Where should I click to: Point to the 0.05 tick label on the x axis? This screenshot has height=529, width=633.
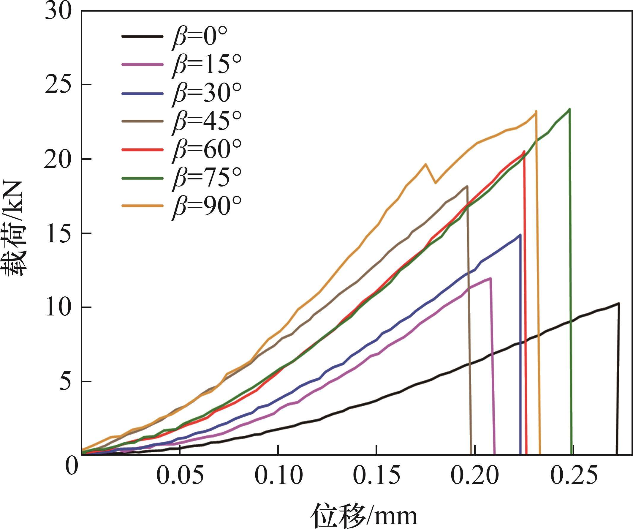pos(180,476)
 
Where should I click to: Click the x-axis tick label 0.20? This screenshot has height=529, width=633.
pos(474,476)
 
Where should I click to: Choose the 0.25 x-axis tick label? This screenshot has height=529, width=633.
pos(573,476)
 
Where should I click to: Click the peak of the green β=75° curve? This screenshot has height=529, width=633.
pos(569,109)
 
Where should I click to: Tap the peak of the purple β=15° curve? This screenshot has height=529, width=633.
pos(490,278)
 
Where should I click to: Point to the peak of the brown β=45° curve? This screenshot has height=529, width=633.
pos(467,186)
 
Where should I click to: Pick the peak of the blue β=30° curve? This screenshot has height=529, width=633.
pos(520,235)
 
